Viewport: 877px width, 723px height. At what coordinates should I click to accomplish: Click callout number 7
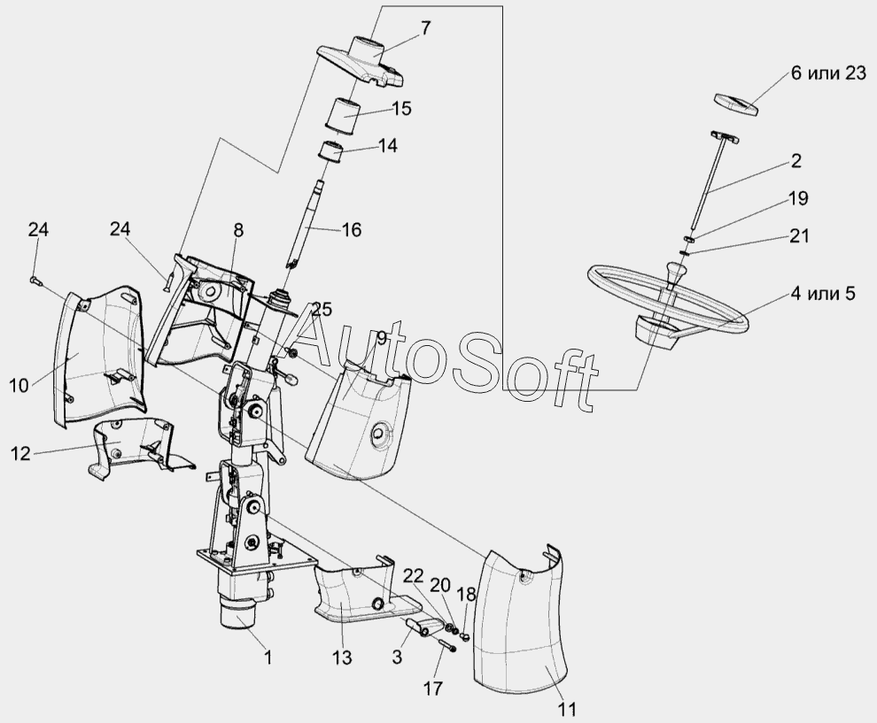(426, 27)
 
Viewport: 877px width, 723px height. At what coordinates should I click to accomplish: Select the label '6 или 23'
(828, 73)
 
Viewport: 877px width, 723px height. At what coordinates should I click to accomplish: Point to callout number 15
(401, 109)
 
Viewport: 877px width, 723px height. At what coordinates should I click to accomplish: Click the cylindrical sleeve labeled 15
(342, 116)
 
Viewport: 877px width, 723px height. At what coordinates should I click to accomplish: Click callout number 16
(352, 230)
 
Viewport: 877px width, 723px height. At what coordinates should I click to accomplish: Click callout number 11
(567, 709)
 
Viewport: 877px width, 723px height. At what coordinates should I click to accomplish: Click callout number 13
(342, 658)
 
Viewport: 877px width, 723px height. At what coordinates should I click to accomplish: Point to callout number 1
(267, 658)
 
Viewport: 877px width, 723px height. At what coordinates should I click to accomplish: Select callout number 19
(798, 199)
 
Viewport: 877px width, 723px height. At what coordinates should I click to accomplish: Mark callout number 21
(798, 236)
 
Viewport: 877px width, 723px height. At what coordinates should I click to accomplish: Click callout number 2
(796, 160)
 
